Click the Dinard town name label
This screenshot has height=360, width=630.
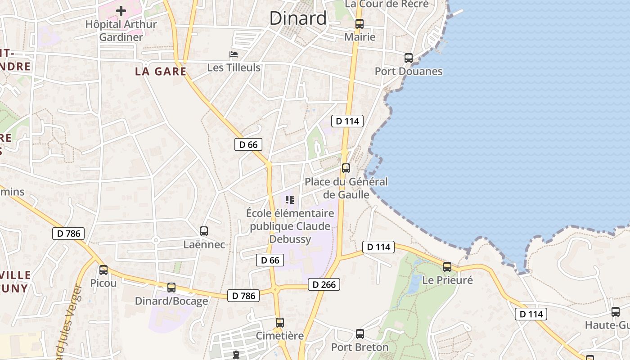[298, 18]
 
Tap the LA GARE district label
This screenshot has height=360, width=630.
[161, 71]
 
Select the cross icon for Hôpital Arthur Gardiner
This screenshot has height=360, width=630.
[121, 10]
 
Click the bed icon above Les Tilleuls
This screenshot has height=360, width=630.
[234, 54]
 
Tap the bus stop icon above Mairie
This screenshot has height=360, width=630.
[359, 24]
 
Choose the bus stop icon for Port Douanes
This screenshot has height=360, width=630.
[409, 58]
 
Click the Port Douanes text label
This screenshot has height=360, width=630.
[409, 71]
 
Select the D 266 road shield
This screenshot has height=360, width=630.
[324, 284]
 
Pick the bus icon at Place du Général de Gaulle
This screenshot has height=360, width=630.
[346, 168]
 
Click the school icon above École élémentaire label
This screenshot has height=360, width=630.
[290, 199]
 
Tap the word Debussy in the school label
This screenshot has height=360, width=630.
[290, 239]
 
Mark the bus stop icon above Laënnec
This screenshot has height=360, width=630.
[204, 231]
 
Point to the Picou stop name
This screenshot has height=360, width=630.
[103, 283]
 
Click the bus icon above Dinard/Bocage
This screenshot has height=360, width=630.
[171, 288]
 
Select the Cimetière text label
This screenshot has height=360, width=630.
[279, 336]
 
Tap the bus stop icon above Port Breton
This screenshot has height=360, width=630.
[360, 334]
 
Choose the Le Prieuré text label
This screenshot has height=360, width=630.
[447, 280]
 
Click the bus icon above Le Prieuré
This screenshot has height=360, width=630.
[447, 267]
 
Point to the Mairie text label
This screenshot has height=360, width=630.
[360, 37]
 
